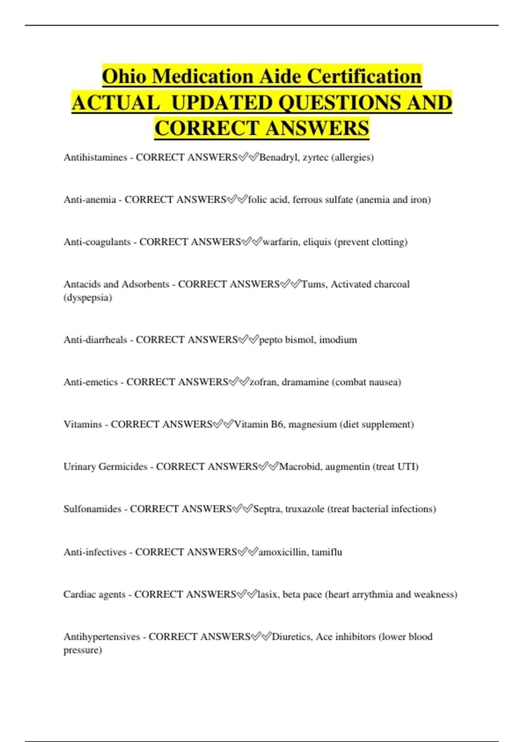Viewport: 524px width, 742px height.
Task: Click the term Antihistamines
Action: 95,157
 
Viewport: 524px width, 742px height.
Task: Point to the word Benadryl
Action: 278,157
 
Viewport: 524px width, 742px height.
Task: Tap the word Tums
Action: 313,284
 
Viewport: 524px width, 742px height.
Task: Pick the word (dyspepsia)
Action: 88,298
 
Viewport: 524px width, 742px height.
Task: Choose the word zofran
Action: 263,382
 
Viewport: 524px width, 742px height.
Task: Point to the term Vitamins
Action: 83,424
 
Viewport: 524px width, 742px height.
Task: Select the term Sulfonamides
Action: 92,509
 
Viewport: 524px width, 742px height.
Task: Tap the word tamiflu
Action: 327,552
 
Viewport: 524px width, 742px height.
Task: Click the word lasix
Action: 267,594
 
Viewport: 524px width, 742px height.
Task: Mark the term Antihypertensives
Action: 102,637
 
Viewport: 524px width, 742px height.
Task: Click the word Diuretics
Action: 291,637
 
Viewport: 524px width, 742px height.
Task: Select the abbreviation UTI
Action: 408,467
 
